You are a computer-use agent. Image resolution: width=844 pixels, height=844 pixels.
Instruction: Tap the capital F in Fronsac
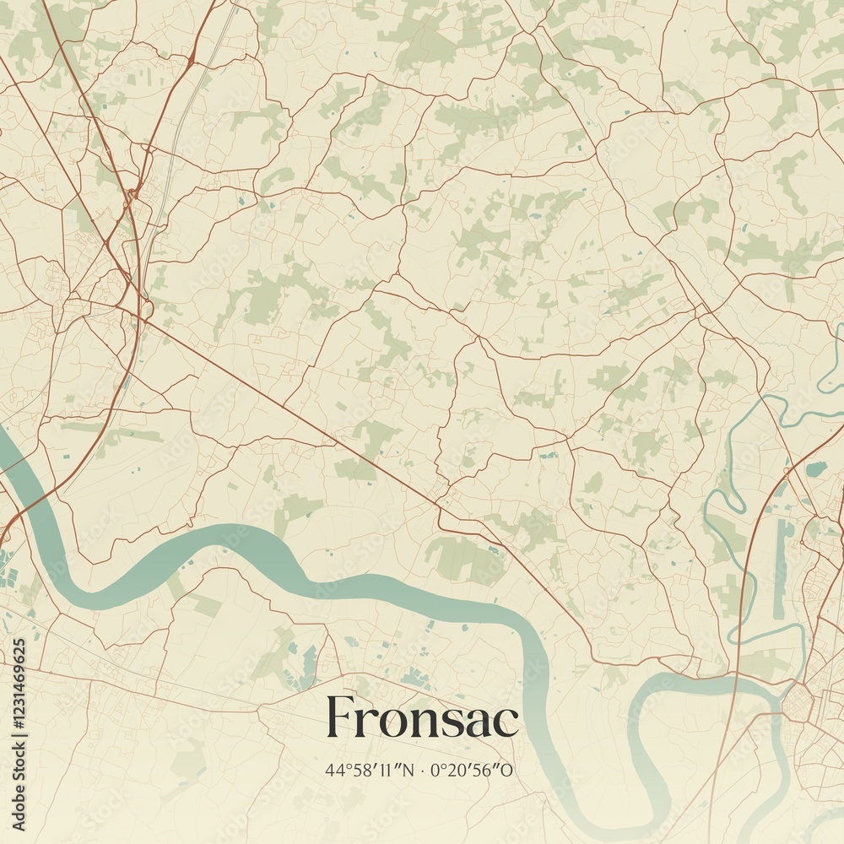341,718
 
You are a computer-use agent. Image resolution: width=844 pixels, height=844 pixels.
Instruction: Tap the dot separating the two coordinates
424,770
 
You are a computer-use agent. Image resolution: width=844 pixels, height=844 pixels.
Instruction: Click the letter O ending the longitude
508,770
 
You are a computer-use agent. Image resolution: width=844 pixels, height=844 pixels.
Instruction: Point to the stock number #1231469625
19,708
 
